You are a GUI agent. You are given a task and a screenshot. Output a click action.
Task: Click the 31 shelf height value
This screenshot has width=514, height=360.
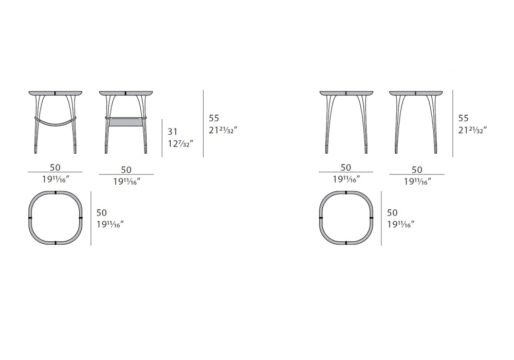[172, 132]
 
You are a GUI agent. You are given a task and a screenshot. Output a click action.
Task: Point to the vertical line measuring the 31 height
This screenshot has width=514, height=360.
[162, 138]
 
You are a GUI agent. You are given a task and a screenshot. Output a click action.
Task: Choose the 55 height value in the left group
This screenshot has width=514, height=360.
[214, 118]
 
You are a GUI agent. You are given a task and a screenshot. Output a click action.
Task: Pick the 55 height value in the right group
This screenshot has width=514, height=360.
[463, 118]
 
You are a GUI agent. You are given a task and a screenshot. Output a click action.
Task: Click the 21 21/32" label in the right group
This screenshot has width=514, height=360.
[472, 130]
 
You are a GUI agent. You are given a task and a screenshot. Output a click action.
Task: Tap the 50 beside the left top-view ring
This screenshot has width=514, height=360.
[102, 212]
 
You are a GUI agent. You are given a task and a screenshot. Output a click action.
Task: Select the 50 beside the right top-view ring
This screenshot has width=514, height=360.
[392, 212]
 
